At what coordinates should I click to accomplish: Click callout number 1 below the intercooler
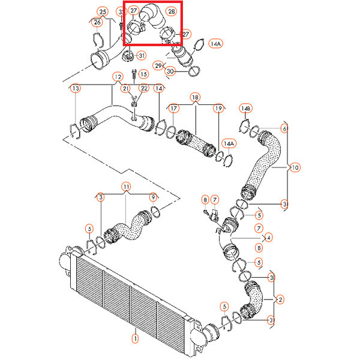(x=135, y=338)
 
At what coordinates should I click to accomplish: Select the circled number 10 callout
(x=295, y=167)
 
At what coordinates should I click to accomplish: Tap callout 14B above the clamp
(x=245, y=109)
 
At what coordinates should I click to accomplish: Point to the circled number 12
(x=118, y=77)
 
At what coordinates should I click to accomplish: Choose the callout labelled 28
(x=171, y=11)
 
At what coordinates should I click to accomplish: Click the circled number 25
(x=103, y=12)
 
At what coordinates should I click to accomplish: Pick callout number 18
(x=195, y=97)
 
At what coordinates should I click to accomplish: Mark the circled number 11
(x=126, y=187)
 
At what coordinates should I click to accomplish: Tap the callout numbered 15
(x=143, y=74)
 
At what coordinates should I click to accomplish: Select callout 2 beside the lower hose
(x=280, y=299)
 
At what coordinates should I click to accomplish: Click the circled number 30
(x=170, y=71)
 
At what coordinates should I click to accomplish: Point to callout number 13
(x=76, y=88)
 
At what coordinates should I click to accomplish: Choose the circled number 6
(x=284, y=128)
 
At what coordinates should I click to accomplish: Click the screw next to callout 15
(x=134, y=74)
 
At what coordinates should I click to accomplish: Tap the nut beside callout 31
(x=128, y=56)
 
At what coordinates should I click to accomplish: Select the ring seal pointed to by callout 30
(x=194, y=71)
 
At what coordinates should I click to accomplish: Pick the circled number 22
(x=144, y=89)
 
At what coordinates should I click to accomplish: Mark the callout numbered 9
(x=153, y=197)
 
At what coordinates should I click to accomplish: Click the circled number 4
(x=269, y=237)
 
